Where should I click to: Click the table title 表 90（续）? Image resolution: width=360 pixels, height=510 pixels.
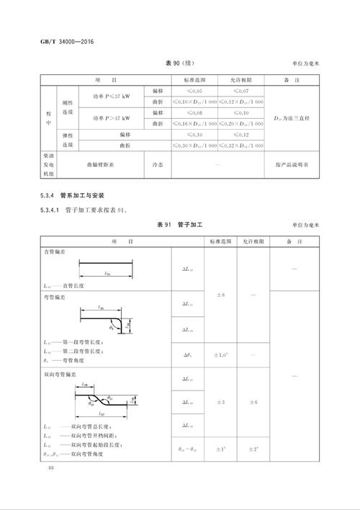[x=179, y=63]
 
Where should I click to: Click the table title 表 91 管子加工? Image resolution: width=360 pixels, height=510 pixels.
[x=180, y=225]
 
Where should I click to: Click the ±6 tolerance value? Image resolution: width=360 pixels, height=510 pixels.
[x=220, y=295]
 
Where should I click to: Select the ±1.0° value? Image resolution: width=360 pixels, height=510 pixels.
[x=220, y=354]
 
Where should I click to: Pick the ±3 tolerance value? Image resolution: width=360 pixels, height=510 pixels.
[x=220, y=402]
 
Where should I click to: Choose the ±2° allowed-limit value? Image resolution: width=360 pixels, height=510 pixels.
[x=253, y=449]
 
